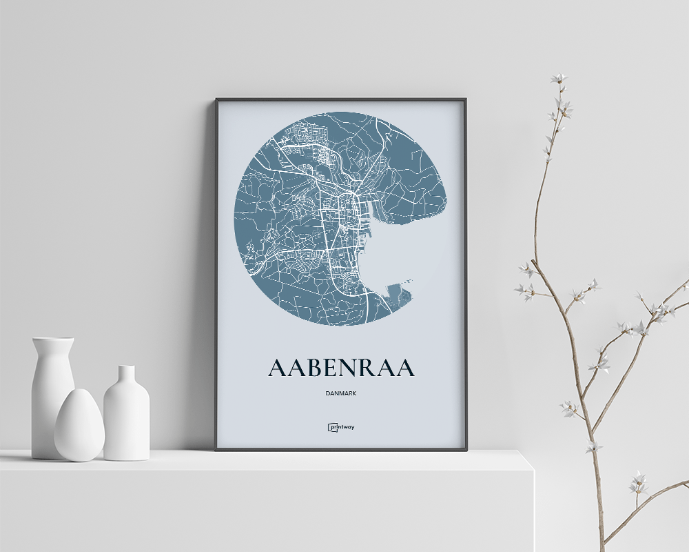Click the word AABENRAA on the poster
[x=341, y=368]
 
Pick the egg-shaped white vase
[x=79, y=426]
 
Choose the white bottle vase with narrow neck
[x=126, y=417]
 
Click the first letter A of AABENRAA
[x=277, y=368]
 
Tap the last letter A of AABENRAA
[x=404, y=368]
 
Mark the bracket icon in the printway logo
[x=331, y=427]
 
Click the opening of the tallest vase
[x=52, y=339]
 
